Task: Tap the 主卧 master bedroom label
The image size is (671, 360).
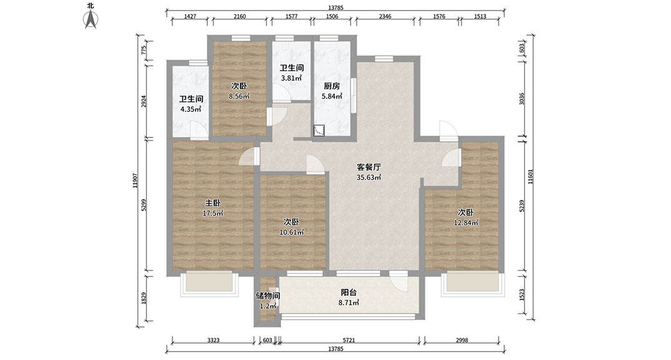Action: (x=212, y=203)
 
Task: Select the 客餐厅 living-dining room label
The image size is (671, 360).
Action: (x=369, y=167)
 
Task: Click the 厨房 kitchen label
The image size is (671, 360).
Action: (x=332, y=86)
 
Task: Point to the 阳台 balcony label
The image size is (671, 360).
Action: (x=349, y=292)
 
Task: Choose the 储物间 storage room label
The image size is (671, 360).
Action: (x=268, y=296)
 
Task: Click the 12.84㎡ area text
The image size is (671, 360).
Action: (x=466, y=222)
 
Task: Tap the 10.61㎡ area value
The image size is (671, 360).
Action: (x=291, y=232)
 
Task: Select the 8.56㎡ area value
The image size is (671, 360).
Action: (x=239, y=96)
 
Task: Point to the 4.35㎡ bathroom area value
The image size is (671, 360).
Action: (x=191, y=109)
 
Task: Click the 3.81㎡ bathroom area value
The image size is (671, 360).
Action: (x=291, y=78)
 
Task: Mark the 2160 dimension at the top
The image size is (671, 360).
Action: (x=240, y=16)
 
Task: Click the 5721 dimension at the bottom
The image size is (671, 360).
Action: (x=349, y=340)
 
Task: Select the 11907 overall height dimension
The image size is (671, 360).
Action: (x=135, y=180)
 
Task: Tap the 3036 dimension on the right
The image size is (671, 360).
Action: (x=522, y=99)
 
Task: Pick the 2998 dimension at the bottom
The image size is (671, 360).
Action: (x=462, y=340)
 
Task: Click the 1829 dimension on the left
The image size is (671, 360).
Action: (x=144, y=298)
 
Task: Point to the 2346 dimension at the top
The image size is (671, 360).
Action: (x=385, y=16)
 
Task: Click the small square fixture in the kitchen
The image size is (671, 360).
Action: (x=319, y=130)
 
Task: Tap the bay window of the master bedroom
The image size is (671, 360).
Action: (x=209, y=284)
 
